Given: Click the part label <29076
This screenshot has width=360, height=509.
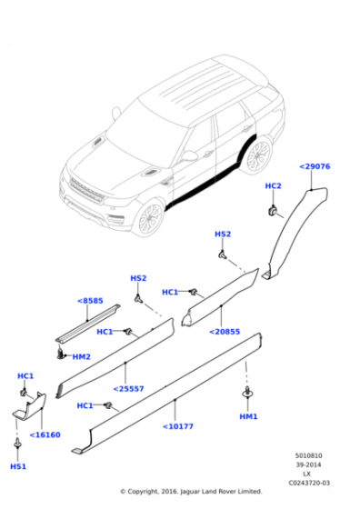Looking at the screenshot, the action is coord(315,166).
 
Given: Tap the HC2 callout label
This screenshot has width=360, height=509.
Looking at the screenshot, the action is coord(273,186).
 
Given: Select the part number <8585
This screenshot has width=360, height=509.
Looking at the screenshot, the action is coord(90,301).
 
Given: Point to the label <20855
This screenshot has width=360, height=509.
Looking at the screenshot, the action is coord(225,332).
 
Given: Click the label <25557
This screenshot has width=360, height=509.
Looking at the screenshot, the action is coord(128,389).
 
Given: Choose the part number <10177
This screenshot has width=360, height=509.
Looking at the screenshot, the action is coord(178,426).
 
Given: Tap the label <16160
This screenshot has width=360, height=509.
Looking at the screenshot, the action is coord(45,435).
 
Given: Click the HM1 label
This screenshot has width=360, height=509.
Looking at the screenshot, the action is coord(248,416).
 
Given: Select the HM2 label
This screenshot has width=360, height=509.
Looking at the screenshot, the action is coord(81,357).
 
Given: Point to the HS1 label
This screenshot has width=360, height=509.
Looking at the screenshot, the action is coord(18,467).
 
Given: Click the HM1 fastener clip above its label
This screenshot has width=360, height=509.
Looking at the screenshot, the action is coord(247,392).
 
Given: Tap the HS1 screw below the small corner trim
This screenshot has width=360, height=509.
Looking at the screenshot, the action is coord(18,443).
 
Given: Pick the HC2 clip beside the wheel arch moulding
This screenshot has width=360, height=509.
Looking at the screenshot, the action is coord(273,211).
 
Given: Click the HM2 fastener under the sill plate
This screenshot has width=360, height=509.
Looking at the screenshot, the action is coord(60,354).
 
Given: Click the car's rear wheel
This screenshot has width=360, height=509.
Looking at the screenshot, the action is coord(258,156).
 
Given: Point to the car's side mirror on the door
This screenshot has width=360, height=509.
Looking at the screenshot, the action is coord(188,155).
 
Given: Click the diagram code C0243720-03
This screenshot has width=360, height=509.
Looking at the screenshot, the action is coord(309,483).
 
